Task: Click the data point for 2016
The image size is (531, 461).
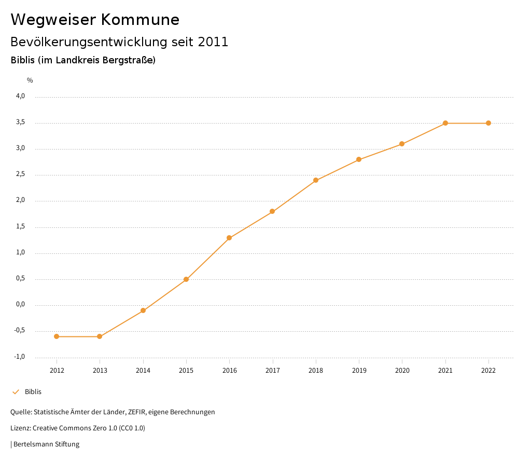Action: coord(229,238)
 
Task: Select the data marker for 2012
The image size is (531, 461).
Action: coord(57,336)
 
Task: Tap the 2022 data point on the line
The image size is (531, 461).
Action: coord(488,123)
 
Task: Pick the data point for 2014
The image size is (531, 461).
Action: coord(143,310)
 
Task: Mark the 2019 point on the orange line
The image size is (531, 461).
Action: coord(359,159)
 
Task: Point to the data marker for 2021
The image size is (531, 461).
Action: coord(445,123)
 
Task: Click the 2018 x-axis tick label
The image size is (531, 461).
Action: coord(316,371)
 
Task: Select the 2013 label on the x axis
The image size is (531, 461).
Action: coord(100,371)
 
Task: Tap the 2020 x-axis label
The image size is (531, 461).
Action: coord(402,371)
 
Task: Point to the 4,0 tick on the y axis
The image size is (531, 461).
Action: coord(20,96)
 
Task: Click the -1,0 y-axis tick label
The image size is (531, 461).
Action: coord(20,357)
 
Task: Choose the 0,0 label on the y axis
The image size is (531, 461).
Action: coord(20,305)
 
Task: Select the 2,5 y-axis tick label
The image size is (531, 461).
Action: coord(20,174)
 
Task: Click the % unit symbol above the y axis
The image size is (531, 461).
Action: coord(30,80)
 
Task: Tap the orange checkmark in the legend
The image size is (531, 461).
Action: coord(16,392)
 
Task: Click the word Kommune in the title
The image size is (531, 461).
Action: coord(140,20)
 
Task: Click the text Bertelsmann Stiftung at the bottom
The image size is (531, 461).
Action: coord(46,444)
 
